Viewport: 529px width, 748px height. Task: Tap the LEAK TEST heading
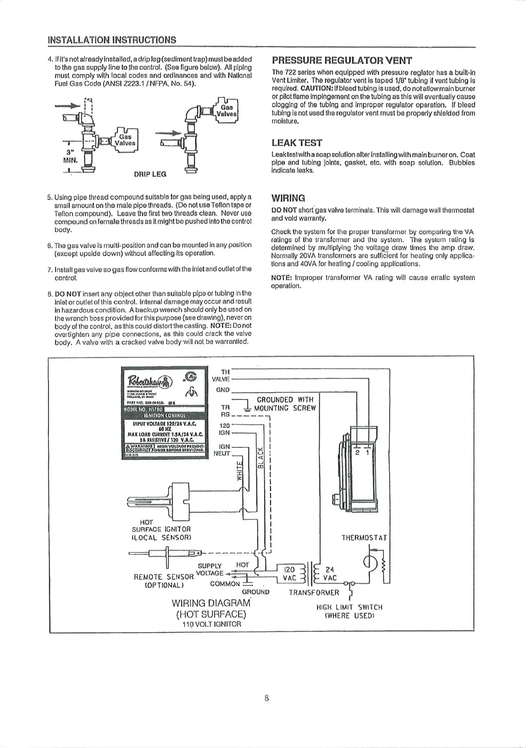pos(297,143)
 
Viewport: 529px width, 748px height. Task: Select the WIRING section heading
pos(288,198)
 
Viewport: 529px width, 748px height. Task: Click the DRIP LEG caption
pos(150,174)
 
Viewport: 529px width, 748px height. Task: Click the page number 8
pos(266,698)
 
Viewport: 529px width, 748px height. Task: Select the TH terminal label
pos(225,372)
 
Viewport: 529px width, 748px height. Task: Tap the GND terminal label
pos(223,390)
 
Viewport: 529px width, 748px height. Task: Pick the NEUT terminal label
pos(222,454)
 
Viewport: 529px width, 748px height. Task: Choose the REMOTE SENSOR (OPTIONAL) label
pos(163,581)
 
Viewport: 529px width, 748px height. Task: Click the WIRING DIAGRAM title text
pos(211,603)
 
